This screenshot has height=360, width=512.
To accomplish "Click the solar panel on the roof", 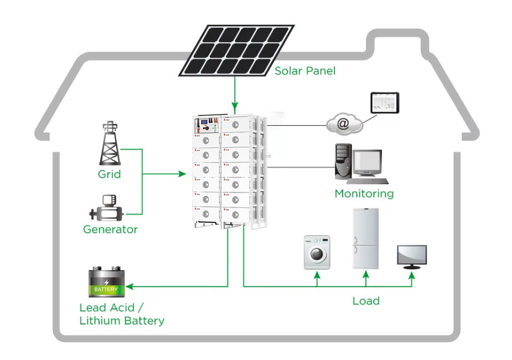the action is tap(236, 50).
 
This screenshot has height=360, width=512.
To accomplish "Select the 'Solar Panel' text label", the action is tap(305, 71).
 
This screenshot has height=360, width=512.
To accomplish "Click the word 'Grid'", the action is tap(109, 174).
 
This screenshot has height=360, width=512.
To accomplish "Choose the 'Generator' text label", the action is tap(110, 229).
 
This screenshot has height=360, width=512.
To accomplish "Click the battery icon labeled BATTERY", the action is tap(107, 282).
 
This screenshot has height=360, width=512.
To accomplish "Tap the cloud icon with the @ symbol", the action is tap(345, 124).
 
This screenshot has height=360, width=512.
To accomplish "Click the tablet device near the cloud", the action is tap(385, 103).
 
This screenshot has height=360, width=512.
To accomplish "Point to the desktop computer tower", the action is tap(343, 162).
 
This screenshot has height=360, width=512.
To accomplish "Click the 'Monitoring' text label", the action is tap(364, 194).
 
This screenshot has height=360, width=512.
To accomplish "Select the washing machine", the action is tap(317, 252).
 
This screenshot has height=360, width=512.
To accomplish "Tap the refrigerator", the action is tap(366, 239).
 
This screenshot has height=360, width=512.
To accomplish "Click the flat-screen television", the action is tap(412, 257).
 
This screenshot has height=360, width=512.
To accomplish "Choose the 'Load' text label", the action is tap(366, 301).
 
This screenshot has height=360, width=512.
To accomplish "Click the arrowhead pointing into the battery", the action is tap(130, 286).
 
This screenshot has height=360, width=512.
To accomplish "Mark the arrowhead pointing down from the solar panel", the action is tap(235, 106).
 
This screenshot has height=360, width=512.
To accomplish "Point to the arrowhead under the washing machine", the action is tap(317, 275).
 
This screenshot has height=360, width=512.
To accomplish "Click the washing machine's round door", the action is tap(317, 254).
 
